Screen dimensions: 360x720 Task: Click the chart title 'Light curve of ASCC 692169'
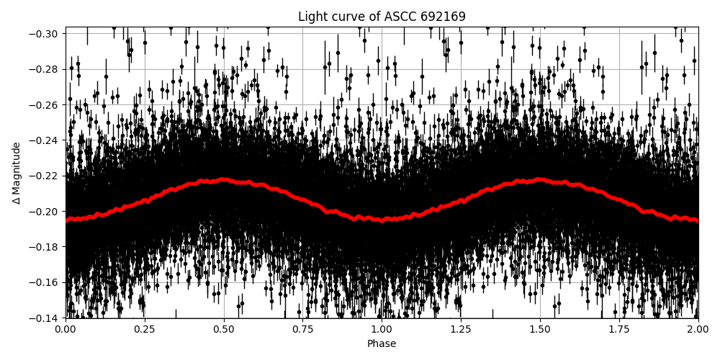pos(382,17)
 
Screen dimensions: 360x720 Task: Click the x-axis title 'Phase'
pos(382,344)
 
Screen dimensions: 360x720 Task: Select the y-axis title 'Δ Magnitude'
pos(16,173)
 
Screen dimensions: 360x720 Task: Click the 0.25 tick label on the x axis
pos(144,330)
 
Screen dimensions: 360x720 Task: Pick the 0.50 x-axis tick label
pos(223,330)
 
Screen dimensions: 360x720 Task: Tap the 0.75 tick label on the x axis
pos(302,330)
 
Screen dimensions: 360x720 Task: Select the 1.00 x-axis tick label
pos(382,330)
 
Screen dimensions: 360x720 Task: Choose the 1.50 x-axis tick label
pos(540,330)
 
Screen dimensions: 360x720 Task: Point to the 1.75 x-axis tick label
pos(619,330)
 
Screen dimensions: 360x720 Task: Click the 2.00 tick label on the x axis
pos(698,330)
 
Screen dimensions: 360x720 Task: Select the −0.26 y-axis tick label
pos(45,105)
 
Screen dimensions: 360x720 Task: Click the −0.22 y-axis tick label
pos(45,176)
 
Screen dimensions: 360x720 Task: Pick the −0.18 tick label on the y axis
pos(45,247)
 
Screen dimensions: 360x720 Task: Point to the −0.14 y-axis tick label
pos(45,318)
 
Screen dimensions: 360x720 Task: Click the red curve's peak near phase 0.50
pos(223,179)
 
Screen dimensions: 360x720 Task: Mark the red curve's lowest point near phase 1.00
pos(382,220)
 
